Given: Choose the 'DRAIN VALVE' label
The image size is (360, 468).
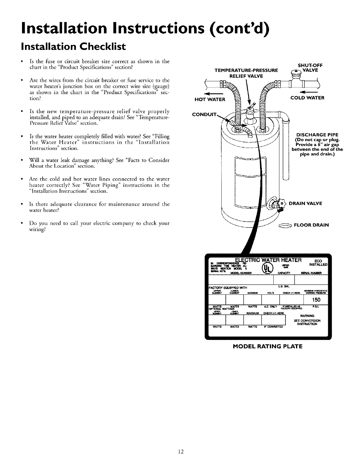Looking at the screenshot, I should [306, 203].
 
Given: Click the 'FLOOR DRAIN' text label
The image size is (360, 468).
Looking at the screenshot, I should [311, 225].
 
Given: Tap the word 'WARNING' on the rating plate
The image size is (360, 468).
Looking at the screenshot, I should [307, 316].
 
